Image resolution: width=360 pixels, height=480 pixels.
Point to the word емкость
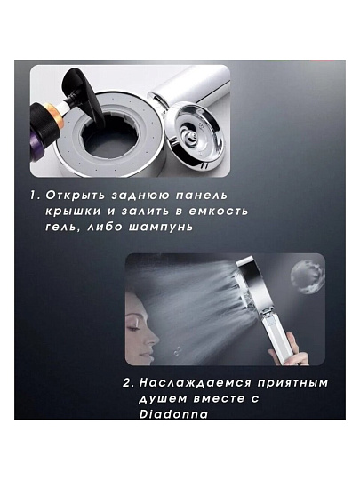(x=218, y=212)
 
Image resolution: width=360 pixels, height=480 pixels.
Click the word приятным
(x=292, y=383)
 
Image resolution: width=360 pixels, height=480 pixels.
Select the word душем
(x=164, y=399)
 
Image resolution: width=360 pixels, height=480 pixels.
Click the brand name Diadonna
(x=173, y=414)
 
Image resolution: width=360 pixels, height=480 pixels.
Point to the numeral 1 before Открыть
(x=35, y=196)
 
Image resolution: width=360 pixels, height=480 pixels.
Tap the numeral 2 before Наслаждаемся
(x=128, y=383)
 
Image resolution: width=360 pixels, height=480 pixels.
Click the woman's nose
(x=153, y=340)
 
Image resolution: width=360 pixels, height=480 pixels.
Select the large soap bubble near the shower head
(x=308, y=277)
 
